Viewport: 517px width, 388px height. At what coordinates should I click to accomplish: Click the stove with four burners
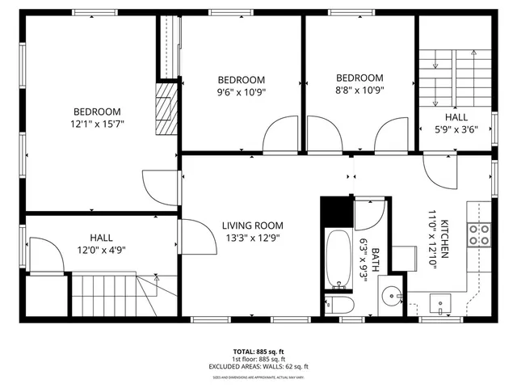[480, 234]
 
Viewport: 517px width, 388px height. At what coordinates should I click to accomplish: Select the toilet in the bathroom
[338, 305]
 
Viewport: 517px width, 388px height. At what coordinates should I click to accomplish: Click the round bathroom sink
[393, 295]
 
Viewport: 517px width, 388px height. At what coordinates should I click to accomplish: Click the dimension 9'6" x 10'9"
[242, 92]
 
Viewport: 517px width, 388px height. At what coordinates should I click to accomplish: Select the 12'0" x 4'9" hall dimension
[101, 251]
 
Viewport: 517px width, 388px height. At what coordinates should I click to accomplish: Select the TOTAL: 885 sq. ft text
[258, 352]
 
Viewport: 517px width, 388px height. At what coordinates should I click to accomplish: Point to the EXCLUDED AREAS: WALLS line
[258, 366]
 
